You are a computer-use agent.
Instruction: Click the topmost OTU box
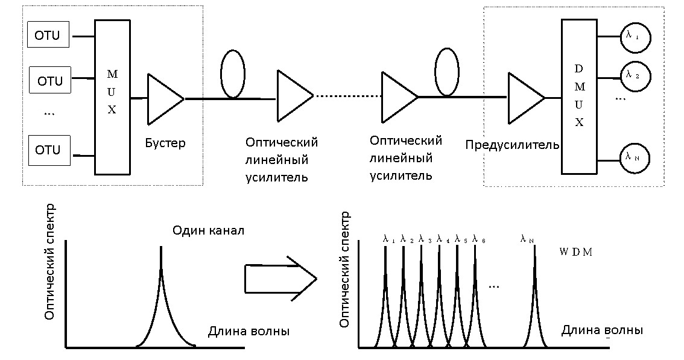click(49, 35)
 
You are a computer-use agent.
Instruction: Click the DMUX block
click(578, 97)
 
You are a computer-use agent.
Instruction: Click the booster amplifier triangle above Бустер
click(163, 99)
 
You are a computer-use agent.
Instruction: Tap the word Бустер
click(165, 144)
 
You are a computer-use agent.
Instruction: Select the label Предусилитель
click(512, 145)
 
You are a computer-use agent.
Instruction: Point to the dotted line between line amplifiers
click(347, 96)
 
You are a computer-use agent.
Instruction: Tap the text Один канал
click(209, 231)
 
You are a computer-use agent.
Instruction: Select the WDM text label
click(576, 252)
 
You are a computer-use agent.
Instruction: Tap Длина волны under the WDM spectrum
click(602, 330)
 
